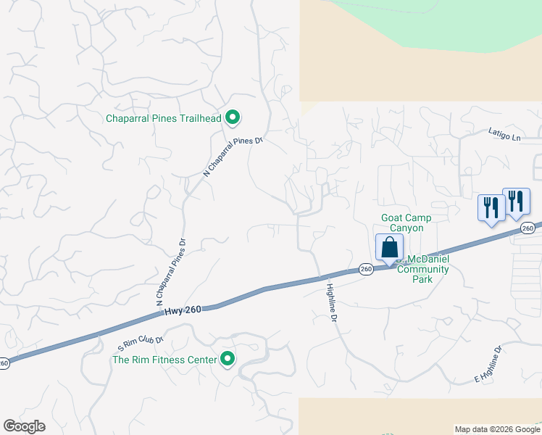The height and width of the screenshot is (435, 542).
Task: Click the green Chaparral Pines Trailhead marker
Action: point(233,117)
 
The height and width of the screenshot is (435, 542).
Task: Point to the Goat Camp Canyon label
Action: point(406,223)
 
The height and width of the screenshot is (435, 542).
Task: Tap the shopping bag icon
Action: point(389,247)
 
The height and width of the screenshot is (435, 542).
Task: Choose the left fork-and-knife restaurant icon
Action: point(491,208)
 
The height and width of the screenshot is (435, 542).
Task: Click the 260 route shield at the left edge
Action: point(4,363)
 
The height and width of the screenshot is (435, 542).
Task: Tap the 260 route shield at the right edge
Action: point(528,228)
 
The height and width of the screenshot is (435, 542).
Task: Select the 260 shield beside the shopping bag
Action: point(366,269)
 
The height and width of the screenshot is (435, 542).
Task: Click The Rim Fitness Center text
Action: point(164,360)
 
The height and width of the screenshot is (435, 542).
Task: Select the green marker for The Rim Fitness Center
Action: point(228,359)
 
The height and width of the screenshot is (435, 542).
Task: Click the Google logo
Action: point(24,426)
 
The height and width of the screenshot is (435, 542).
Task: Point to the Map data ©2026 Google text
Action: point(497,429)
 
